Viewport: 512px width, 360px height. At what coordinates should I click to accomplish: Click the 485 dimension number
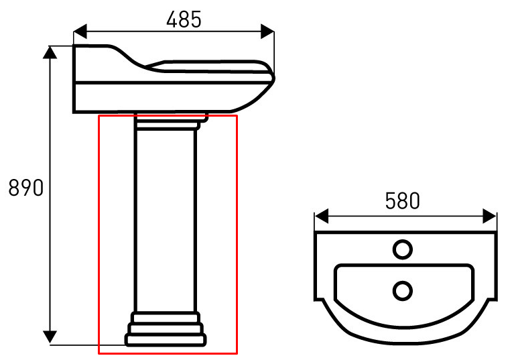(184, 19)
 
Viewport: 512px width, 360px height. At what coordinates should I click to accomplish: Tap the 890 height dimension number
(25, 188)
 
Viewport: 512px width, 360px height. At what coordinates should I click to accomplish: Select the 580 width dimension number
(402, 200)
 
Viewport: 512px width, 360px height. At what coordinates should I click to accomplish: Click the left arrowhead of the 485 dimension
(80, 32)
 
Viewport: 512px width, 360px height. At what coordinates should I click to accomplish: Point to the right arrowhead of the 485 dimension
(267, 32)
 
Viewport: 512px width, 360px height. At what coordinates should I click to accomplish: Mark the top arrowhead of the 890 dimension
(50, 52)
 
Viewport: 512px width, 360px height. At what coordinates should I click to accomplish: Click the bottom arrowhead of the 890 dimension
(50, 337)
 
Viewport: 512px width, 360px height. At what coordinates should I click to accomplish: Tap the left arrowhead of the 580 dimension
(322, 217)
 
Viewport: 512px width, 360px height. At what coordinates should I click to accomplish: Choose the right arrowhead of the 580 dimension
(489, 217)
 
